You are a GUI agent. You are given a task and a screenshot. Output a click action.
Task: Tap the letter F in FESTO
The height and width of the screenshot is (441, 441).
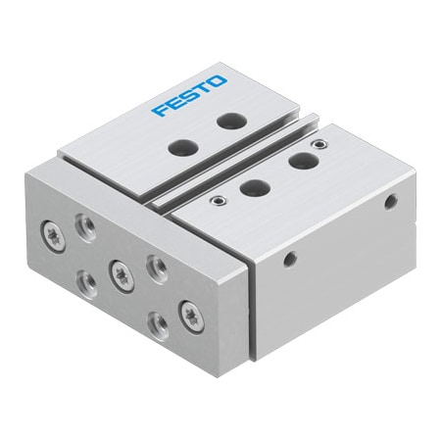pos(159,109)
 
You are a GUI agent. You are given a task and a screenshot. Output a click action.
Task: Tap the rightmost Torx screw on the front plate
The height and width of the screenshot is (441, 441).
pos(187,314)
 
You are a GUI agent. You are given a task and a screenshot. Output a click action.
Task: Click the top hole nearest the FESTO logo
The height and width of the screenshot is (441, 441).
pos(230,122)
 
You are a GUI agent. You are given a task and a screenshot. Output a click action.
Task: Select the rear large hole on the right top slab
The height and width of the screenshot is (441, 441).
pos(299,161)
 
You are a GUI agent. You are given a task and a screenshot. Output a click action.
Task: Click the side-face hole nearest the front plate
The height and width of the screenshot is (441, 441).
pos(288,260)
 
